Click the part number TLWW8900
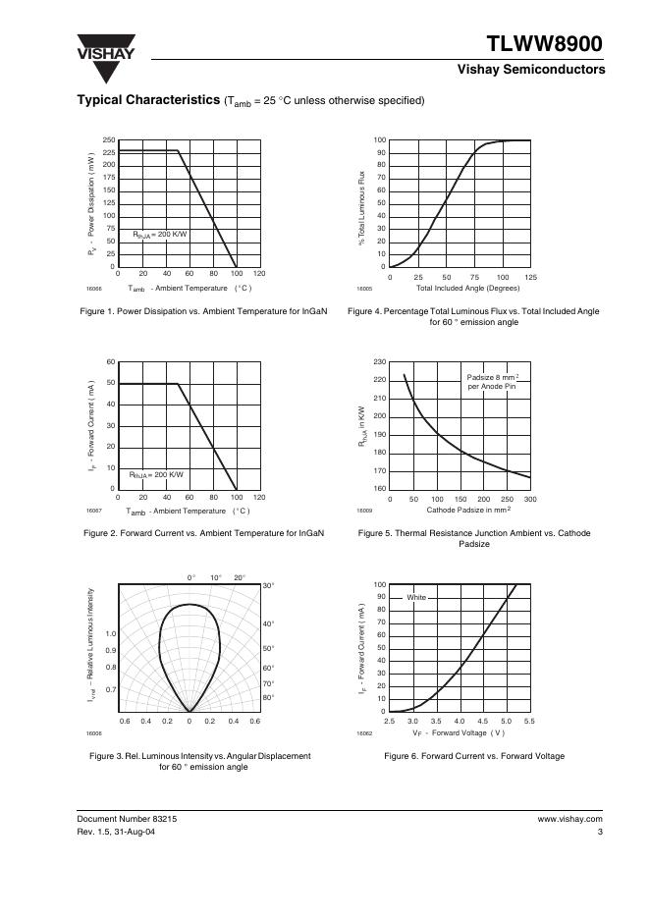[545, 44]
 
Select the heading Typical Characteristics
[148, 100]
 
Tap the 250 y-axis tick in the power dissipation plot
[109, 140]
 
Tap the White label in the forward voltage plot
[416, 597]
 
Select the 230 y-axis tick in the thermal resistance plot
[379, 363]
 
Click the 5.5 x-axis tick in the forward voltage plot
[529, 722]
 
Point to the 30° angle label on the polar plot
[268, 586]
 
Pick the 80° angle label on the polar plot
[268, 697]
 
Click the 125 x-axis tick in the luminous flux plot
[531, 277]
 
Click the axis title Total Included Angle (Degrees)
[468, 289]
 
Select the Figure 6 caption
[460, 756]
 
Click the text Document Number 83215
[128, 818]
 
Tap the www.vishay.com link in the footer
[569, 818]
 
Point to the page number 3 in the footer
[599, 833]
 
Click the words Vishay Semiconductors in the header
[530, 70]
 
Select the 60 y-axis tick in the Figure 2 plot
[111, 362]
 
